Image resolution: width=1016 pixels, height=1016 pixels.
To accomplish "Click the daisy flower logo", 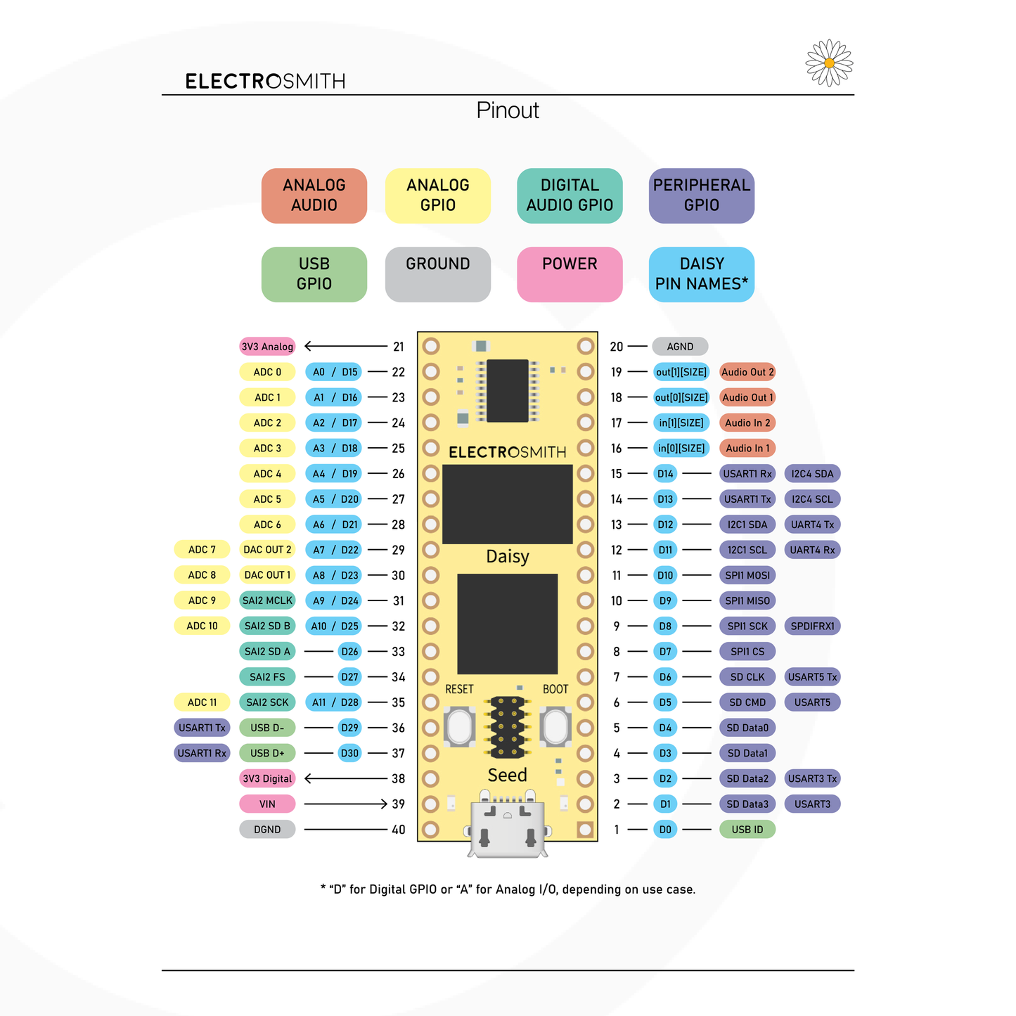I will [829, 63].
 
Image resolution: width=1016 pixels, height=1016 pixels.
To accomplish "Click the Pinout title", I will [507, 110].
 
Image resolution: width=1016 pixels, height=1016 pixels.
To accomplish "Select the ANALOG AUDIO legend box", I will [314, 195].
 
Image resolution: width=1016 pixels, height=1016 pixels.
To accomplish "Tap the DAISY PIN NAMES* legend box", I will [701, 274].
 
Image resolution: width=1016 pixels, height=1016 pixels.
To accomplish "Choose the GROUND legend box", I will [437, 274].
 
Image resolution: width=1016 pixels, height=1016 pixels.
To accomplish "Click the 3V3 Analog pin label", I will [267, 347].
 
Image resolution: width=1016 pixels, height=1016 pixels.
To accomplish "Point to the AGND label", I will [680, 347].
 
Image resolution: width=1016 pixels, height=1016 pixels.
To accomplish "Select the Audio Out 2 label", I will [747, 372].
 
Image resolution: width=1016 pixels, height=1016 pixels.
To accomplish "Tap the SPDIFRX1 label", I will [812, 626].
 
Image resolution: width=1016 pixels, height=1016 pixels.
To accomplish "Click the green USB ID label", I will [747, 830].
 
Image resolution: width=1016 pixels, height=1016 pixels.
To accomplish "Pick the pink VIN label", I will [267, 804].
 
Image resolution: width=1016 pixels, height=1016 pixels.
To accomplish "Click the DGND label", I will [267, 830].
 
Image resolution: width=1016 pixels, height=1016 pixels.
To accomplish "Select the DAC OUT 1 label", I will [267, 575].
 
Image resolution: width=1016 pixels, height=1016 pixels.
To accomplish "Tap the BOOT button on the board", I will [555, 726].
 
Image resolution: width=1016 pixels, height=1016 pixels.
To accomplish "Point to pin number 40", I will [399, 830].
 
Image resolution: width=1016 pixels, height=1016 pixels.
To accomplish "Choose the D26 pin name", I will [349, 652].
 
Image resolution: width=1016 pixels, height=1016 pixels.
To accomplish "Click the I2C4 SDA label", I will [812, 474].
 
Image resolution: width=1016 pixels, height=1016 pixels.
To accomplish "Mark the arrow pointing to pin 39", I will [346, 804].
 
